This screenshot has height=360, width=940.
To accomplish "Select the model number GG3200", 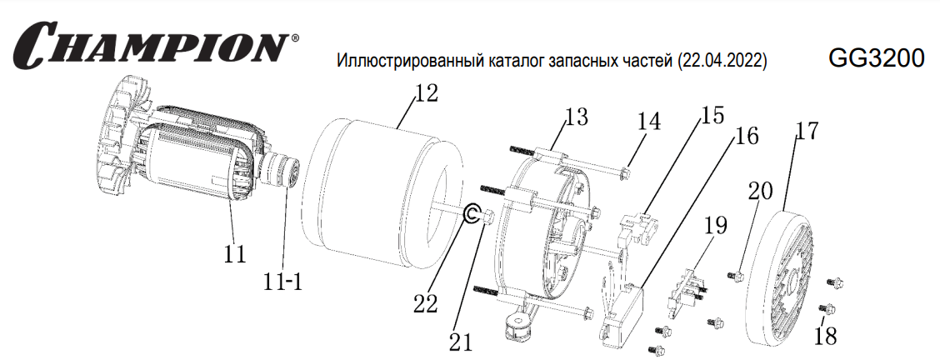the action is point(876,58).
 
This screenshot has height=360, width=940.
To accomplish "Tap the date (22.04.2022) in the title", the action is point(720,61).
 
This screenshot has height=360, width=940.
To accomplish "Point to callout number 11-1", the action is point(282,281).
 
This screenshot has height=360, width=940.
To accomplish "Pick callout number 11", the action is point(235,254).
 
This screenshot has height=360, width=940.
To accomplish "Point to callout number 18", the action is point(826,336).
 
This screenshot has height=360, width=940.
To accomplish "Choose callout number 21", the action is point(461,342).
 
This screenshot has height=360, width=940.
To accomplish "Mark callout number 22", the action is point(425,303).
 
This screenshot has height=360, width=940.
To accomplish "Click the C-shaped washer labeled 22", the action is point(465,212).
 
